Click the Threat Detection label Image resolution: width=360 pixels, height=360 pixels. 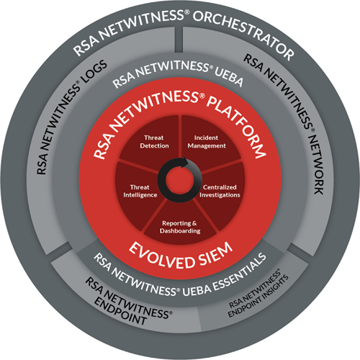154,142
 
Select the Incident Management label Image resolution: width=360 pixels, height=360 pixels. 207,142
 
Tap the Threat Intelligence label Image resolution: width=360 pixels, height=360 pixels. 140,191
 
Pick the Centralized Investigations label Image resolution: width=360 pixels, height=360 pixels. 220,191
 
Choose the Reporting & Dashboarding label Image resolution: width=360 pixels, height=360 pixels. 180,227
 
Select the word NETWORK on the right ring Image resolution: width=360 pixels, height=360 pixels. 316,164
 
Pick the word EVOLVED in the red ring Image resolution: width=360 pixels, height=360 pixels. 161,257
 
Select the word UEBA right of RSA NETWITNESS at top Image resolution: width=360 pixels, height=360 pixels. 228,77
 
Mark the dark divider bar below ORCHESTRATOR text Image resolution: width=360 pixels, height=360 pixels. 179,39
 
